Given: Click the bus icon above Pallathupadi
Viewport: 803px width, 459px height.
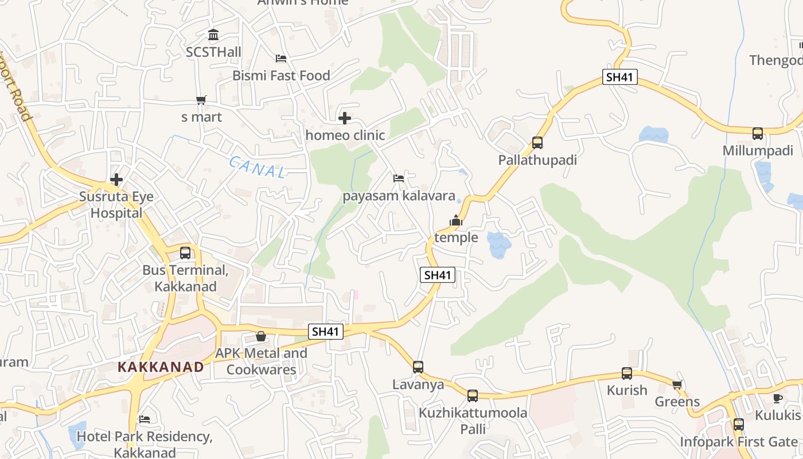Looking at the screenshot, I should [x=537, y=143].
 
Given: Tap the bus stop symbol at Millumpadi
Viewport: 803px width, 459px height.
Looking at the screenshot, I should [x=758, y=134].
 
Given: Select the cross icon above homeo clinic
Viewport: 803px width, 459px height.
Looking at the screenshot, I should [x=345, y=118].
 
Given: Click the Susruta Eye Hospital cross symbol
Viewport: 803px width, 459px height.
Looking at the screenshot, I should [x=116, y=180].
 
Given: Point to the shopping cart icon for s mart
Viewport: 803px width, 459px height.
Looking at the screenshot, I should [x=201, y=100].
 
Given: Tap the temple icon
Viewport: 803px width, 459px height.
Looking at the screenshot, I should [x=456, y=220].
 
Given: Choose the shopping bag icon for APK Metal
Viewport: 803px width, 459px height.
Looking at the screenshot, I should [x=261, y=336].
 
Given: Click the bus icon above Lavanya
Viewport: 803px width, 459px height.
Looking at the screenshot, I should [x=418, y=367].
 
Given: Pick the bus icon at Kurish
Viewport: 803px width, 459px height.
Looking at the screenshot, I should [x=627, y=374].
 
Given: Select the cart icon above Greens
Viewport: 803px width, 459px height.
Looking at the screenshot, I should [x=677, y=384].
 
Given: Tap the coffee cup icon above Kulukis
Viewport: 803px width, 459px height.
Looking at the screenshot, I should [x=778, y=398].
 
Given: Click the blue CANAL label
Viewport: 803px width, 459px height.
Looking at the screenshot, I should [x=258, y=167].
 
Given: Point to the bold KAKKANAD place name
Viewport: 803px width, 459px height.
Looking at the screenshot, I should [x=161, y=367].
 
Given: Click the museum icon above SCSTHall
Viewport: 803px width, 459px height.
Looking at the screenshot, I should [x=213, y=35].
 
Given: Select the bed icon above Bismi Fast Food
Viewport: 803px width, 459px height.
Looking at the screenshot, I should [x=281, y=59].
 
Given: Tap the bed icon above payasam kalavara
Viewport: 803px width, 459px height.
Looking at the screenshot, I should [x=399, y=178].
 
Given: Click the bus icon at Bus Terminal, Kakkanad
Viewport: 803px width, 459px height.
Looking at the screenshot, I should [x=185, y=252].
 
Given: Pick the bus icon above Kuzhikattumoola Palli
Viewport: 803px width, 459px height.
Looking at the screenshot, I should [x=472, y=395].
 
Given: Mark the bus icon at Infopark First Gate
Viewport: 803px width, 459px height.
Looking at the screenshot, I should [x=739, y=425].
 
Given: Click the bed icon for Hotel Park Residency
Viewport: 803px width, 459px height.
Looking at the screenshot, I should [x=145, y=419].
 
